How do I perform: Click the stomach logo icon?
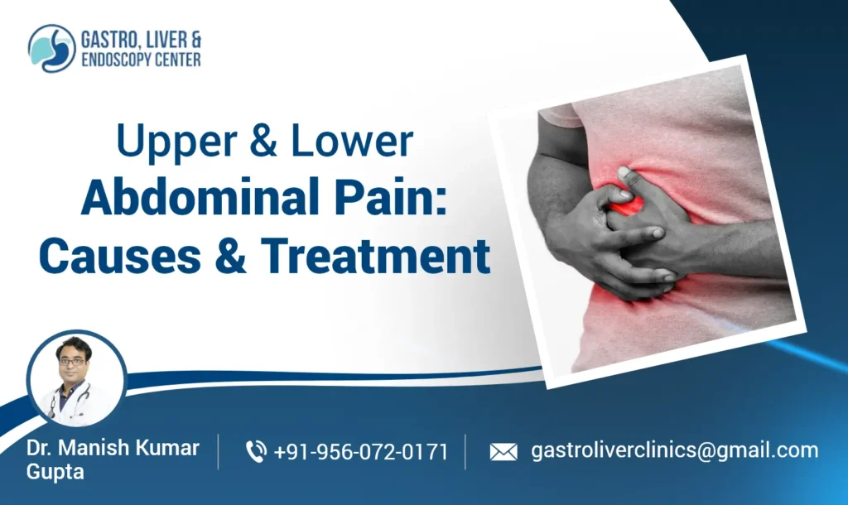coord(51,48)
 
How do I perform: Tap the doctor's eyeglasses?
coord(72,362)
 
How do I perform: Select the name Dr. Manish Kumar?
coord(113,448)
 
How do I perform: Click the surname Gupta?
coord(55,472)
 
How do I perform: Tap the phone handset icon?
coord(256,451)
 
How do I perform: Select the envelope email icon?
coord(503,452)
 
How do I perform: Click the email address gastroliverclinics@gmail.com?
coord(674,450)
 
